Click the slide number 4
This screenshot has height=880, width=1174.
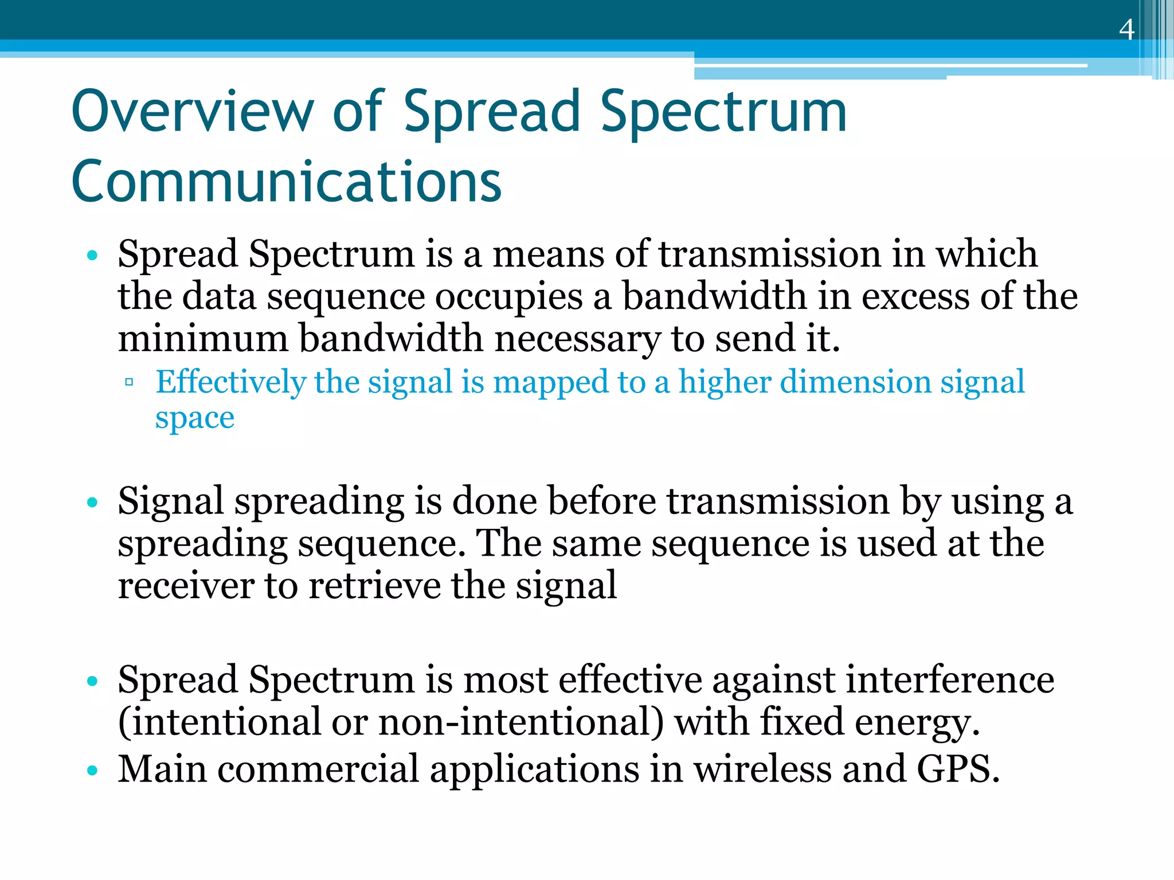[1126, 30]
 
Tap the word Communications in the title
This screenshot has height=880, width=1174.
[286, 182]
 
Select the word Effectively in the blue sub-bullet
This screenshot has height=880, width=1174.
[230, 382]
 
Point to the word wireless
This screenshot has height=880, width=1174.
[762, 769]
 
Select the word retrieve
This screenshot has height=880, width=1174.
[374, 586]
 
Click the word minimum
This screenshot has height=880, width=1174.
[203, 339]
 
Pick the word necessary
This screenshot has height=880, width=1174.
[577, 340]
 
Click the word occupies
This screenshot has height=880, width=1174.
[508, 297]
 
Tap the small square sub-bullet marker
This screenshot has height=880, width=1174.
[129, 382]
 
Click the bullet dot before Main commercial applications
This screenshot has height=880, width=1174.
[92, 771]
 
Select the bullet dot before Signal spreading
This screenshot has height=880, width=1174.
[92, 502]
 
